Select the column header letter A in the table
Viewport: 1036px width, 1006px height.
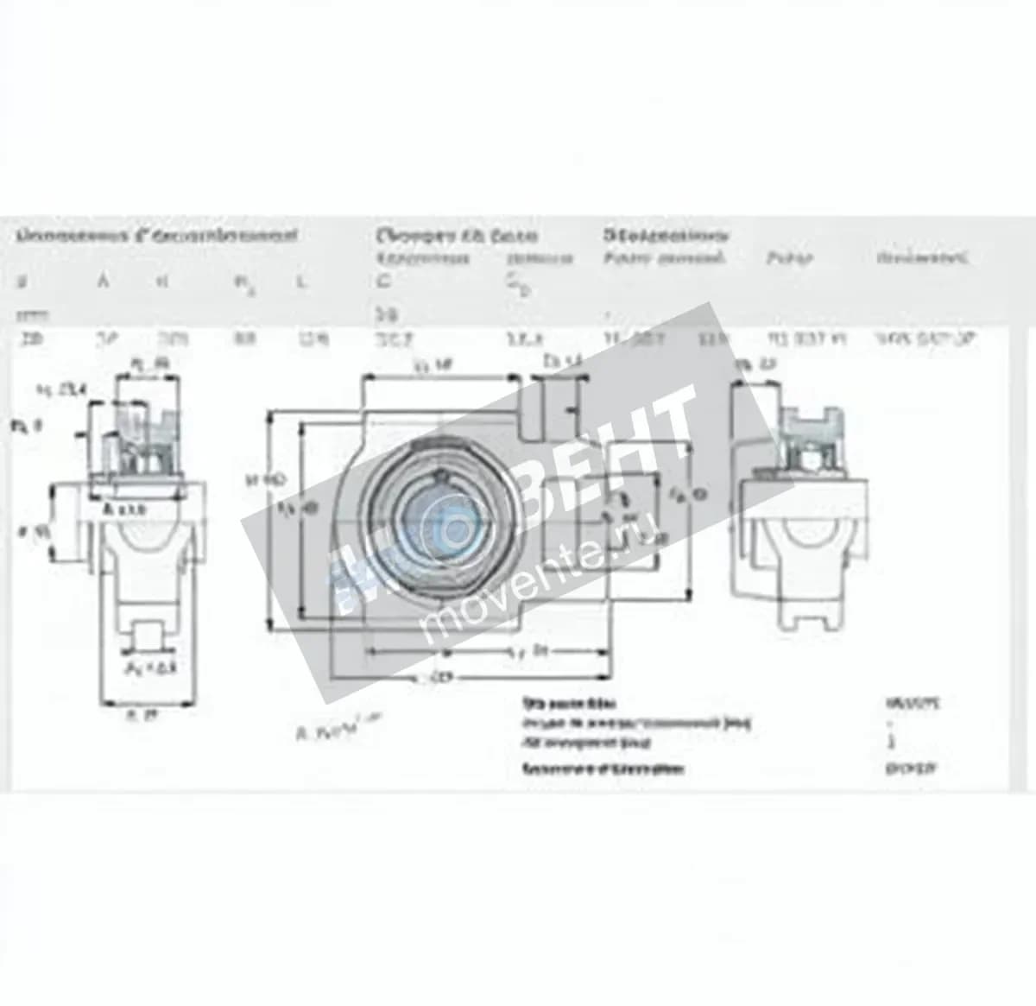click(103, 281)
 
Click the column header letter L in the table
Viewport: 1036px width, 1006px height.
click(300, 282)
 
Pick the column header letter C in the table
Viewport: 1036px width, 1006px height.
click(384, 282)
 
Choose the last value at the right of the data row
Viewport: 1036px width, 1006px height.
click(925, 339)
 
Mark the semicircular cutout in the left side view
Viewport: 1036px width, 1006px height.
click(142, 535)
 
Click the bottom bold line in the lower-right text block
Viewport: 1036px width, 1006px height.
click(603, 769)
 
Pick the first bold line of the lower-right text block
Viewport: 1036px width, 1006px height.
click(570, 704)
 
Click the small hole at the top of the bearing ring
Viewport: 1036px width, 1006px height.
click(442, 474)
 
